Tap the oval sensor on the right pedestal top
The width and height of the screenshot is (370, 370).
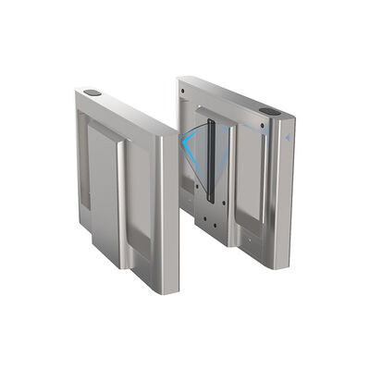tap(269, 111)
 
